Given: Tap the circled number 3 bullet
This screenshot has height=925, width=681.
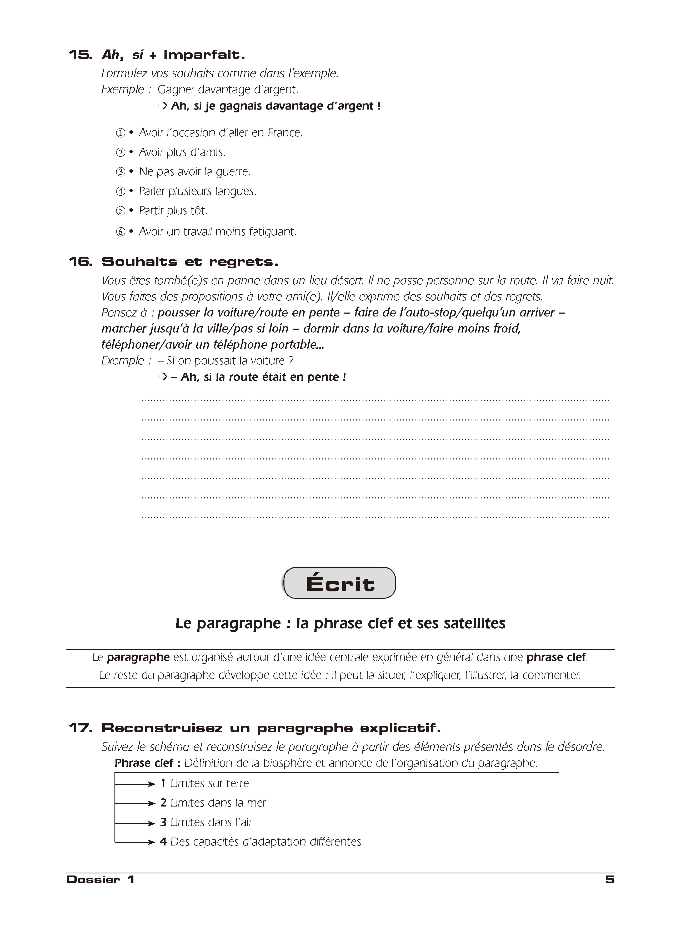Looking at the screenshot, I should [120, 172].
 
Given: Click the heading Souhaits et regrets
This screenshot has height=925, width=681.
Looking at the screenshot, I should [190, 262].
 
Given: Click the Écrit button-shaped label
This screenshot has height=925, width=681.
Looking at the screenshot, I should [340, 583].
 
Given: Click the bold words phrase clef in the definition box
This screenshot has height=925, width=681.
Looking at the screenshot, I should [556, 657].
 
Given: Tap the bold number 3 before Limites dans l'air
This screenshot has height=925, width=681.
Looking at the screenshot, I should [163, 822].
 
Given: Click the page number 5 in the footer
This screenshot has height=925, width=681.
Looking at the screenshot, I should [610, 880].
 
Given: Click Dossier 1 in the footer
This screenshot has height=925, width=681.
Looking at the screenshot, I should [100, 880].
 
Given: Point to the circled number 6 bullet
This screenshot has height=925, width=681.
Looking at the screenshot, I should [120, 232].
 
